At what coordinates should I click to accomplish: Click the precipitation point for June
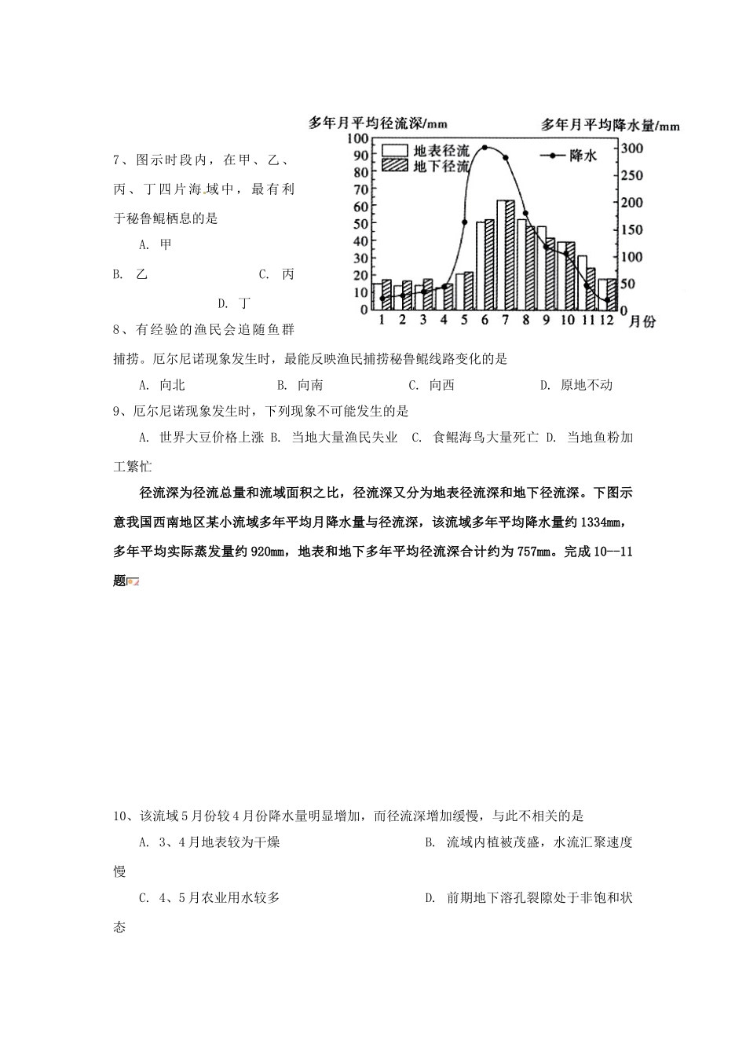(x=485, y=147)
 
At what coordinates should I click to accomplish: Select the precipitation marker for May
(x=465, y=222)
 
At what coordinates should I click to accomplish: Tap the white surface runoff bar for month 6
(x=481, y=265)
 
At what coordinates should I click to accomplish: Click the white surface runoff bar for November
(x=582, y=282)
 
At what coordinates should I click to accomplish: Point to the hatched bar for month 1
(x=386, y=294)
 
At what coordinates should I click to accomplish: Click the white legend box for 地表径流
(x=395, y=150)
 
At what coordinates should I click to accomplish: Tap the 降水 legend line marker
(x=553, y=156)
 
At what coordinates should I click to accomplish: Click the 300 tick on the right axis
(x=631, y=148)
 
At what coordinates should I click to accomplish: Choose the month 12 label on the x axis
(x=606, y=320)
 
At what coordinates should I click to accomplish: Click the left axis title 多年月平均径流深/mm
(x=378, y=123)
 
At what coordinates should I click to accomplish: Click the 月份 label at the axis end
(x=642, y=321)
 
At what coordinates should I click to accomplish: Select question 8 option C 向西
(x=433, y=385)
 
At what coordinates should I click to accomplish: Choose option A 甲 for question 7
(x=155, y=244)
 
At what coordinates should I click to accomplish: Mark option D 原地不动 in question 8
(x=577, y=385)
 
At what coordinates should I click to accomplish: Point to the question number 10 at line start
(x=122, y=816)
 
